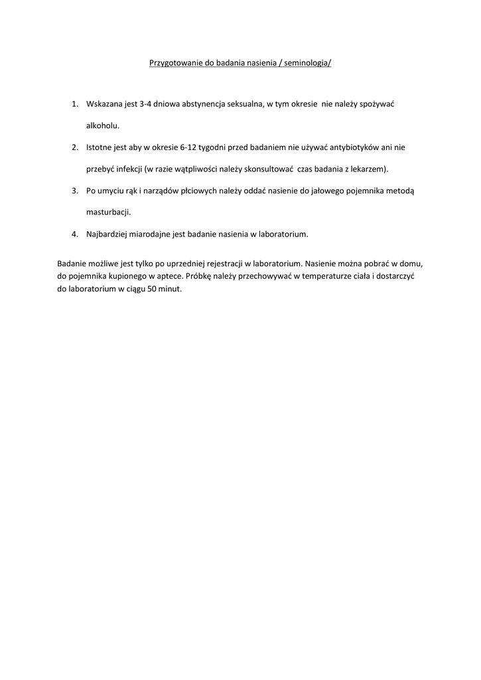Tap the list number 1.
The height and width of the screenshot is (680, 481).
[x=75, y=104]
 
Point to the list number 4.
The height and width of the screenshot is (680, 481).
[x=75, y=234]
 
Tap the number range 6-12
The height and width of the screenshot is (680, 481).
[x=190, y=147]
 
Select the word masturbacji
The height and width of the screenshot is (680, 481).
[x=108, y=212]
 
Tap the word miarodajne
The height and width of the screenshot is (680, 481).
[x=146, y=234]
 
